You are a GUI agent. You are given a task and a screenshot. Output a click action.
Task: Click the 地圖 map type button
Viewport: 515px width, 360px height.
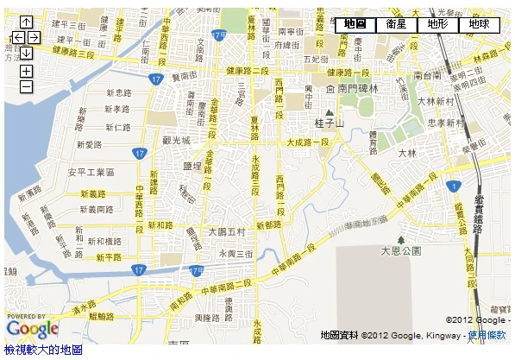point(355,24)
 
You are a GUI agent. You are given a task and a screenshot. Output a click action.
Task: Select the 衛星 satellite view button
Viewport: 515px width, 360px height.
point(396,24)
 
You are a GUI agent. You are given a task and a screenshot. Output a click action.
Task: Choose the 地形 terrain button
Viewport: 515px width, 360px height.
point(437,24)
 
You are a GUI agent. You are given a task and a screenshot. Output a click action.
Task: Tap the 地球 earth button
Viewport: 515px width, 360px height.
point(479,24)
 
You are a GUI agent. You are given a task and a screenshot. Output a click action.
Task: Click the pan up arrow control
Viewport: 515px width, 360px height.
point(26,22)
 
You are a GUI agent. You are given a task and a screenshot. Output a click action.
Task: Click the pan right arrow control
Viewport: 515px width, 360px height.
point(34,37)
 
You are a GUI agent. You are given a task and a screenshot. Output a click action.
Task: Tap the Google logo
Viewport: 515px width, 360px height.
point(32,328)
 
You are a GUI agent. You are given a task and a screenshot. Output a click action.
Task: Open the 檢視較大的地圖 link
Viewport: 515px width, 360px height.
point(43,350)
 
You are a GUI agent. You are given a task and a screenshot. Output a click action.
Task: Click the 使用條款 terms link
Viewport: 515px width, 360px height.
point(487,335)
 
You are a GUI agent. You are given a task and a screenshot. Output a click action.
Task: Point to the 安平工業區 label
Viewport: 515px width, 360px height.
point(91,172)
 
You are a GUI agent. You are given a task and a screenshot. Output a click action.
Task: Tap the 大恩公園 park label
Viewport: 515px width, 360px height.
point(400,250)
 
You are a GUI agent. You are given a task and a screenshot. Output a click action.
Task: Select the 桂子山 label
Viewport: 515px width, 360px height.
point(329,123)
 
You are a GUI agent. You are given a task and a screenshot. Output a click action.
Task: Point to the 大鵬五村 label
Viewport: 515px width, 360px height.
point(227,232)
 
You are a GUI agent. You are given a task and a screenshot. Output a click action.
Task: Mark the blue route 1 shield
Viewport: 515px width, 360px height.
point(452,186)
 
